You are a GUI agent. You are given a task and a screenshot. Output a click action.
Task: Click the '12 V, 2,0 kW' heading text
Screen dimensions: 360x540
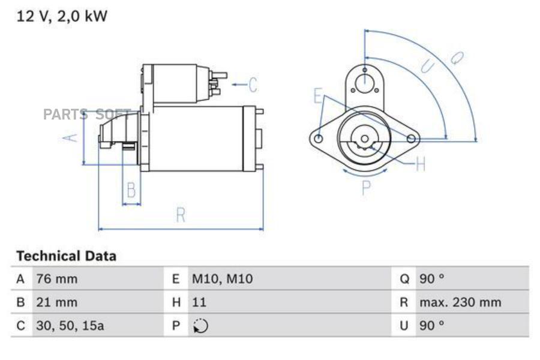(62, 16)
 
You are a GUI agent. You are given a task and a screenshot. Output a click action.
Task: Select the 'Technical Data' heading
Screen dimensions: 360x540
(66, 256)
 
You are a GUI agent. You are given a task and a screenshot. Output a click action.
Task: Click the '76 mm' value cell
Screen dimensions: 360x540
(57, 279)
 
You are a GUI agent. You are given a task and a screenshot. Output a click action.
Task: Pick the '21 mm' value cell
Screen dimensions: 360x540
(56, 302)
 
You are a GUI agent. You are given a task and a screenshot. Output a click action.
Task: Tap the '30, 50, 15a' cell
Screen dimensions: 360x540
(70, 326)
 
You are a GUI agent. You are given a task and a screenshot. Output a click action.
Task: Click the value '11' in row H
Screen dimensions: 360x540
(199, 302)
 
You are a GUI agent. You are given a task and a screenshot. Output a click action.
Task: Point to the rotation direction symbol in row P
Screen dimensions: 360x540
(200, 326)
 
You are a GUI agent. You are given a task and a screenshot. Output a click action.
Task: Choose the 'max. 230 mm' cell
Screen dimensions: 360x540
(460, 302)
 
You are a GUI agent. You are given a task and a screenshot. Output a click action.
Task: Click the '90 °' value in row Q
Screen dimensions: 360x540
(432, 279)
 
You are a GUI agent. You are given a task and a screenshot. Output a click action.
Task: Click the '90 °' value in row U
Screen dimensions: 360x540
(432, 326)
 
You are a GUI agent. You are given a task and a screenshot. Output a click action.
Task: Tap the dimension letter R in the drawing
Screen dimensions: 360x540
(181, 215)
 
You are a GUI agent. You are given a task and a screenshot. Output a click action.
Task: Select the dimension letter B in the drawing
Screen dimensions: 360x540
(131, 191)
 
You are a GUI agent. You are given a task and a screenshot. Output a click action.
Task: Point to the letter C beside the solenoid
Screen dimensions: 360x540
(253, 85)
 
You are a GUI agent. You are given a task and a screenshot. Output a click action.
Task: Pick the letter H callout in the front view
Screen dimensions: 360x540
(420, 164)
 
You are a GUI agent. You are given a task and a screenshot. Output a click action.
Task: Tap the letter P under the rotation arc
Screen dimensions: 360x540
(366, 188)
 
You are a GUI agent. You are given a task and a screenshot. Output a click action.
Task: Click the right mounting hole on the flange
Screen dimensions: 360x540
(411, 139)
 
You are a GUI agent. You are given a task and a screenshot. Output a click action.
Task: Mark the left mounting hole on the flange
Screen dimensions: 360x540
(319, 139)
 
